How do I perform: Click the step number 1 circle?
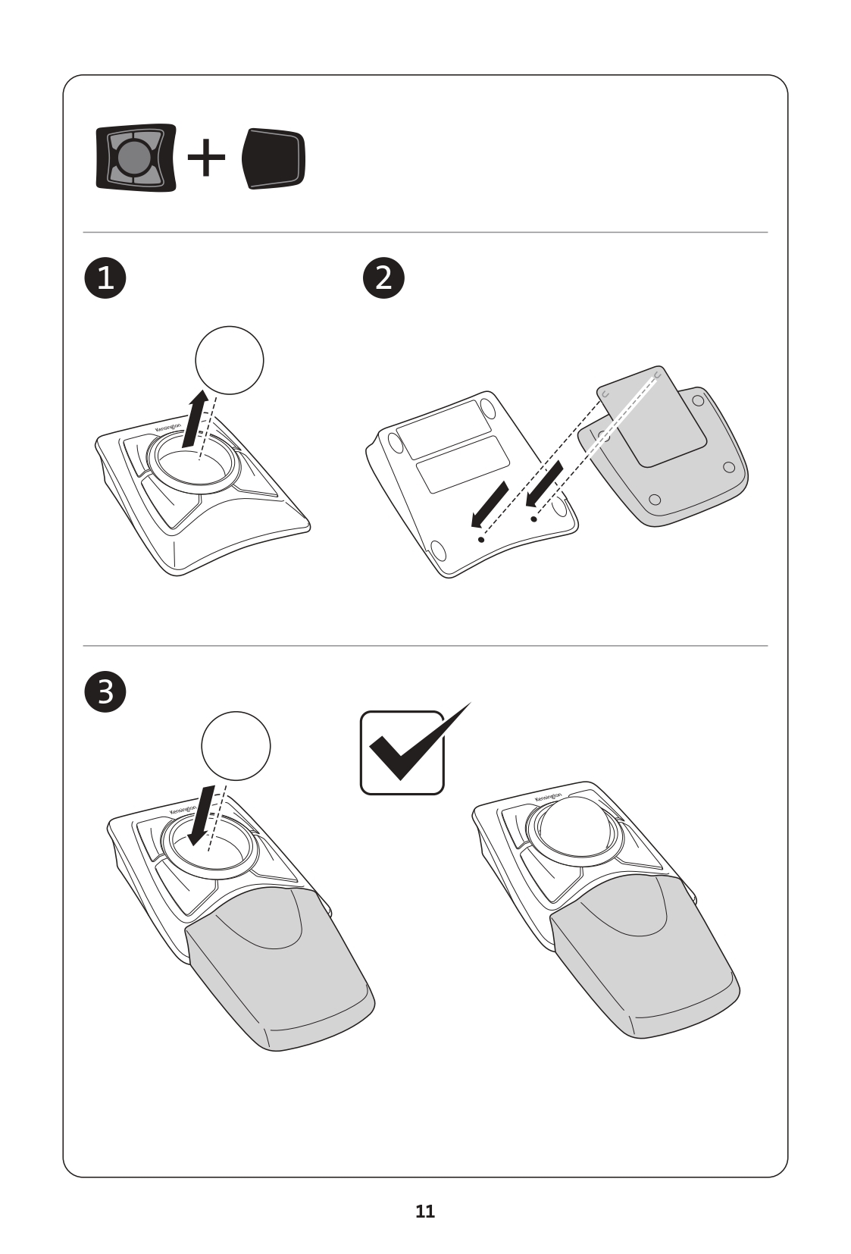[x=105, y=277]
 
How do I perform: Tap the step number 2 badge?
[x=383, y=277]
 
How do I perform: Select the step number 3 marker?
[x=105, y=691]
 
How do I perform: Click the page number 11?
[x=425, y=1211]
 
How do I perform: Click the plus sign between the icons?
[x=206, y=157]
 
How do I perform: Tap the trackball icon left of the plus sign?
[x=136, y=157]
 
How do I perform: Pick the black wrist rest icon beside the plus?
[x=274, y=158]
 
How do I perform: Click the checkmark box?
[x=402, y=752]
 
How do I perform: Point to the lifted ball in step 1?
[x=230, y=360]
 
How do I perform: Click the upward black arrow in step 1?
[x=195, y=419]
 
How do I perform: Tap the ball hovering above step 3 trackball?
[x=236, y=746]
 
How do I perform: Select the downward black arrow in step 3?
[x=202, y=815]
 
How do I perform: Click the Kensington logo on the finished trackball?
[x=548, y=797]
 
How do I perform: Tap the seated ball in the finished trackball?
[x=574, y=827]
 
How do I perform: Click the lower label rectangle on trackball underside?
[x=463, y=464]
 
